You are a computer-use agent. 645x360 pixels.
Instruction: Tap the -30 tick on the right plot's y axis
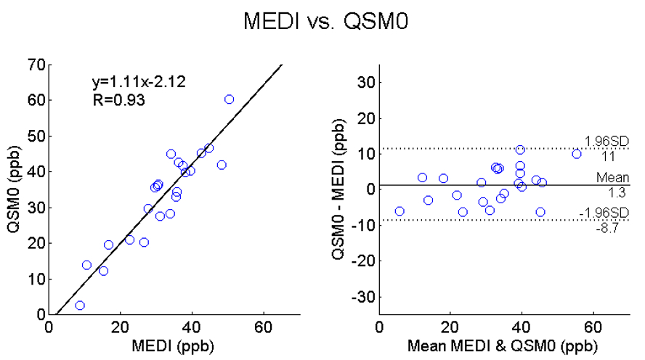[360, 297]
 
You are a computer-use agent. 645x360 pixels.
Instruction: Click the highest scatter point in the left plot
[229, 99]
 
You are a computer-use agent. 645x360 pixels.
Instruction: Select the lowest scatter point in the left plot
[80, 306]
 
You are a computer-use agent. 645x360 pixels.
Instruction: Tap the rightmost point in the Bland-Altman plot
[577, 154]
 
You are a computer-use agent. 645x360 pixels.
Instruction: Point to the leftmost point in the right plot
[399, 211]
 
